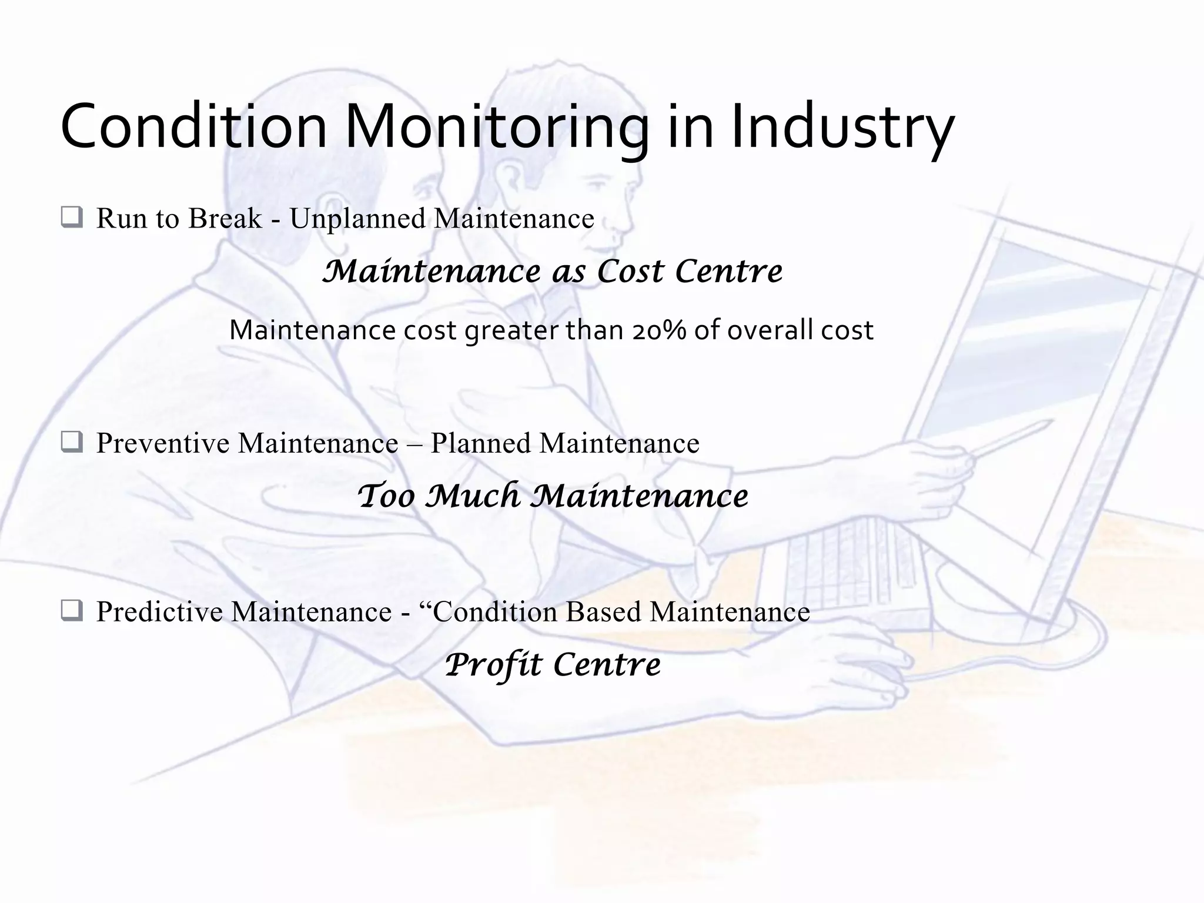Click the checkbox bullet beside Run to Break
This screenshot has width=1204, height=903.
pos(72,218)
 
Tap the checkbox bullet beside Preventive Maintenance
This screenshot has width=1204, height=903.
pos(72,442)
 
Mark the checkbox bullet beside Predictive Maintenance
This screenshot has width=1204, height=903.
pos(72,611)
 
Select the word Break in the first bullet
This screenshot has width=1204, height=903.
pos(225,218)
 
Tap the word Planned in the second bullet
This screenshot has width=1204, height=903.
pos(480,443)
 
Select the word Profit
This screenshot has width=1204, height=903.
pos(493,665)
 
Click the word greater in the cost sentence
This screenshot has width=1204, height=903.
pos(511,331)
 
